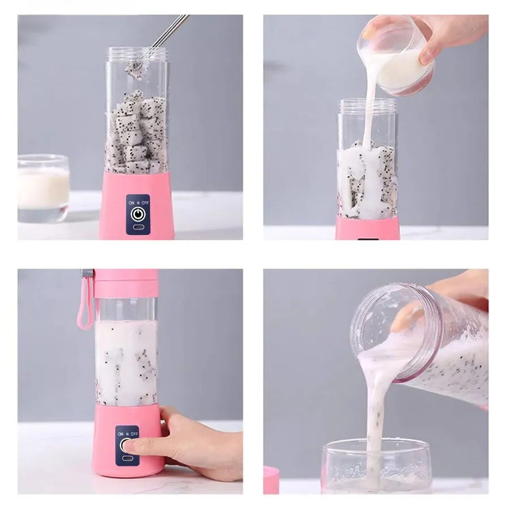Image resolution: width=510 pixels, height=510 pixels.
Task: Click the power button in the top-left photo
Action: pos(138,214)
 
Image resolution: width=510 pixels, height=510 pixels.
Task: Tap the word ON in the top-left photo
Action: pos(131,203)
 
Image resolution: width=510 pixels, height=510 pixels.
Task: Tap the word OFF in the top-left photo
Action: pos(145,203)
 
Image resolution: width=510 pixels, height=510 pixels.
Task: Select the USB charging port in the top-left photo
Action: pos(138,227)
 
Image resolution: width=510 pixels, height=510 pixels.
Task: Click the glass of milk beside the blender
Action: pos(43,188)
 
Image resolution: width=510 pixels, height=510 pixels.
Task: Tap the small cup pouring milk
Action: pos(396,56)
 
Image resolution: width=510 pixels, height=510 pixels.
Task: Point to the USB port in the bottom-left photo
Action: pos(127,458)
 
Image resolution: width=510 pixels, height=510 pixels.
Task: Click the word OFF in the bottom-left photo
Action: pos(134,434)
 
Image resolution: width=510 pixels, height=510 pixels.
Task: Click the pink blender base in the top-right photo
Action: pos(368,228)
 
